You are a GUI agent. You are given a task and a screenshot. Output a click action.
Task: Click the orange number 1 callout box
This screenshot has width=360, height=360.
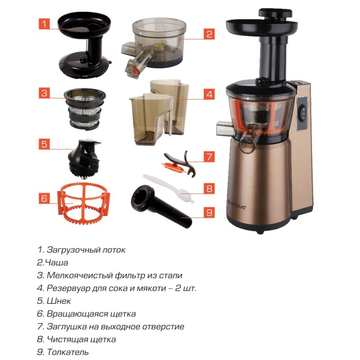pyautogui.click(x=44, y=24)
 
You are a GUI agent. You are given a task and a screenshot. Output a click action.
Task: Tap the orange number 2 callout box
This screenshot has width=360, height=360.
pyautogui.click(x=209, y=34)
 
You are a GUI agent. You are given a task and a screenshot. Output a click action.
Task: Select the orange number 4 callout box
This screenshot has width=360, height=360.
pyautogui.click(x=209, y=94)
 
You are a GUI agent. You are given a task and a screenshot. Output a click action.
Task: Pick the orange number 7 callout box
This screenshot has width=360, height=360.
pyautogui.click(x=209, y=157)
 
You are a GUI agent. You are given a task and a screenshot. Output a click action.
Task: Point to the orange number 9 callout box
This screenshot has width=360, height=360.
pyautogui.click(x=209, y=212)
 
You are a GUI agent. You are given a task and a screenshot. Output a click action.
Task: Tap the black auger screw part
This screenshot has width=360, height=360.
pyautogui.click(x=84, y=158)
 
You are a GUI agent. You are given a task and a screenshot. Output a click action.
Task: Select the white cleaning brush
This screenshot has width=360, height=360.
pyautogui.click(x=169, y=189)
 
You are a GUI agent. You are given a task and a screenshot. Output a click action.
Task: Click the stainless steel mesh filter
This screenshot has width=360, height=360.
pyautogui.click(x=85, y=109)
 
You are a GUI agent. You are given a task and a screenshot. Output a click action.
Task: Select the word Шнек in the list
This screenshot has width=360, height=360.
pyautogui.click(x=59, y=301)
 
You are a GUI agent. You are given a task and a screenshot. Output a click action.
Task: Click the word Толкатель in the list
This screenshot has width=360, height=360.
pyautogui.click(x=68, y=352)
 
